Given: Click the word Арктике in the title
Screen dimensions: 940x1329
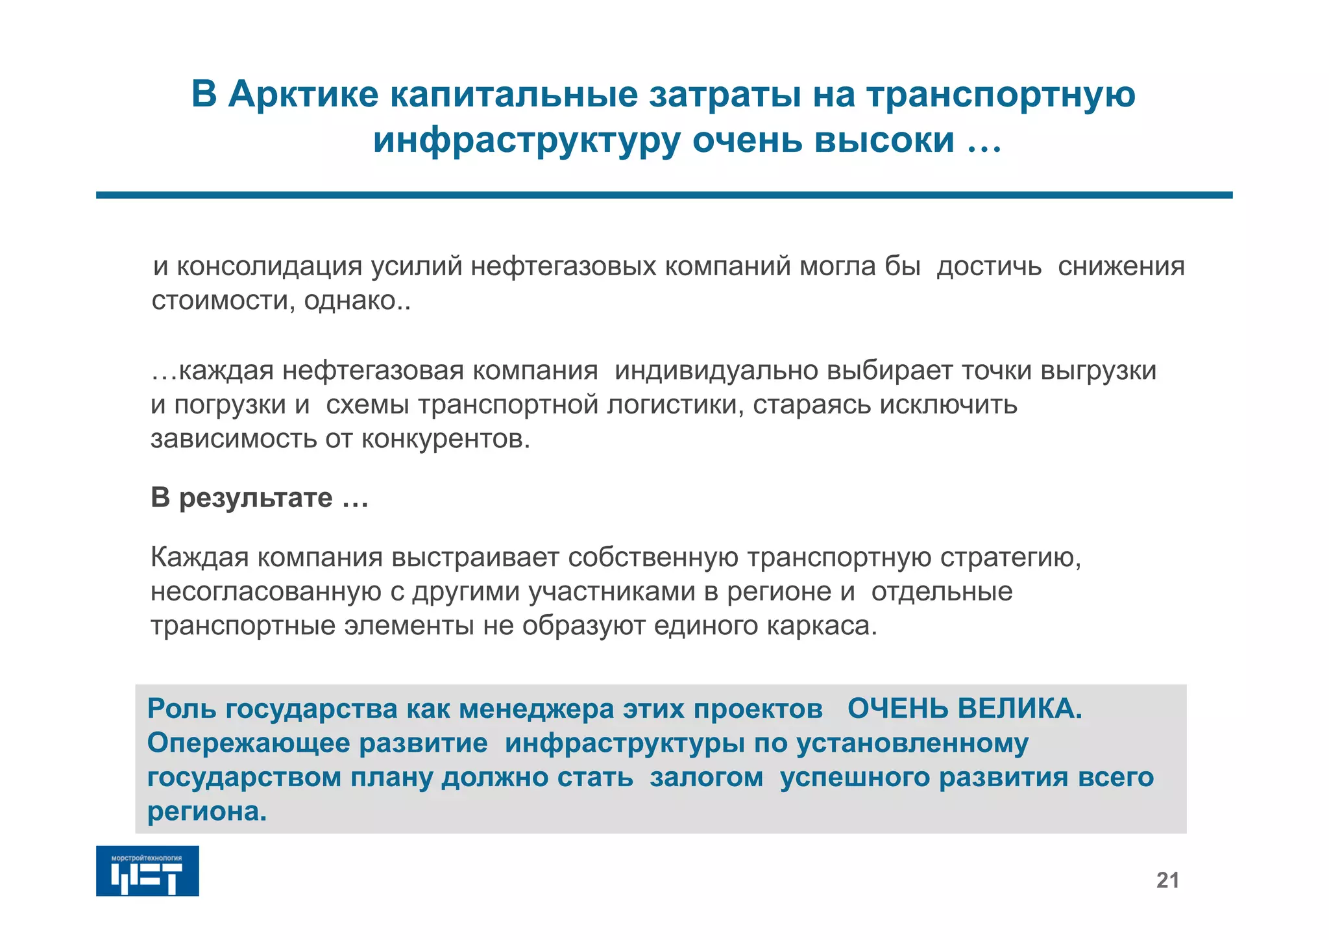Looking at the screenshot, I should [x=303, y=95].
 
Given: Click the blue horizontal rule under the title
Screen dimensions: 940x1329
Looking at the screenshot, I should [x=664, y=195].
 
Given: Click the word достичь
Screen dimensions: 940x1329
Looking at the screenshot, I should [x=989, y=267].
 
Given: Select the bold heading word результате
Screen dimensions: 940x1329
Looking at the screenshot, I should [x=256, y=498].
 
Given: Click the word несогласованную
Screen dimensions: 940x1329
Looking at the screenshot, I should [x=266, y=592].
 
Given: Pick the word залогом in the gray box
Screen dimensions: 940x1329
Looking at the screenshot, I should [x=706, y=778].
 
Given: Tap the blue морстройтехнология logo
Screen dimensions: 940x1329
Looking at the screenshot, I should [x=147, y=871].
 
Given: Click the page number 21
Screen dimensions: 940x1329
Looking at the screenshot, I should [x=1167, y=880].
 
